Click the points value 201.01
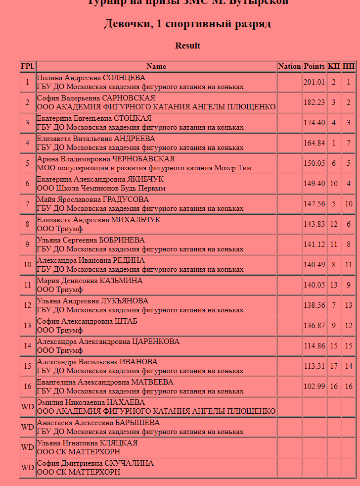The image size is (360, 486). point(315,83)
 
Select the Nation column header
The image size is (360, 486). point(289,66)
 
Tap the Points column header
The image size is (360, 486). point(315,66)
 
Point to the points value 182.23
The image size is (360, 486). point(315,103)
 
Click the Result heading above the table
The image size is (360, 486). point(188,46)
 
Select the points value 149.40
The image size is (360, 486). point(315,184)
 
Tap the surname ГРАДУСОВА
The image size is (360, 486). point(126,200)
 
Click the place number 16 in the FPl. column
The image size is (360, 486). point(28,387)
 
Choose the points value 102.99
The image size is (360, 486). point(315,387)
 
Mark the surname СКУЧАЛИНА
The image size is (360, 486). point(129,464)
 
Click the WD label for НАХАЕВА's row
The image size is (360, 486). point(28,407)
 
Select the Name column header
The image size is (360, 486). point(156,66)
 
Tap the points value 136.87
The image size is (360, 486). point(315,326)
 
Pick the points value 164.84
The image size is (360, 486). point(315,144)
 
